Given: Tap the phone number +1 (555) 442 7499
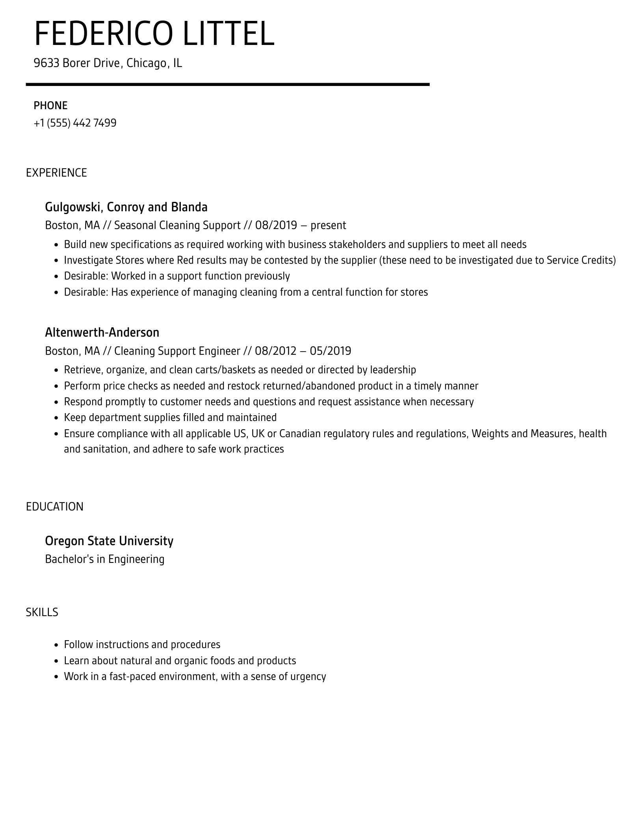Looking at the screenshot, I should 75,123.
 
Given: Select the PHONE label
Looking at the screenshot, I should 50,106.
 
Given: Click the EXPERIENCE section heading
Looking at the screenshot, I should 56,173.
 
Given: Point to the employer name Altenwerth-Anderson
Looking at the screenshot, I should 102,332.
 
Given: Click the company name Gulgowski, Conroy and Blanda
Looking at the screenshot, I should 126,207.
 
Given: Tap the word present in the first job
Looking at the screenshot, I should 328,225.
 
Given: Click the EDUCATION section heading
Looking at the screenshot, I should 55,507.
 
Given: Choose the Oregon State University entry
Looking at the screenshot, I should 109,541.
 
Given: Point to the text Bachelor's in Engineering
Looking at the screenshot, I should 105,559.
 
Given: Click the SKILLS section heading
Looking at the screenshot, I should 42,612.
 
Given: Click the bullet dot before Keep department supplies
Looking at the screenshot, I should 56,418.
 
